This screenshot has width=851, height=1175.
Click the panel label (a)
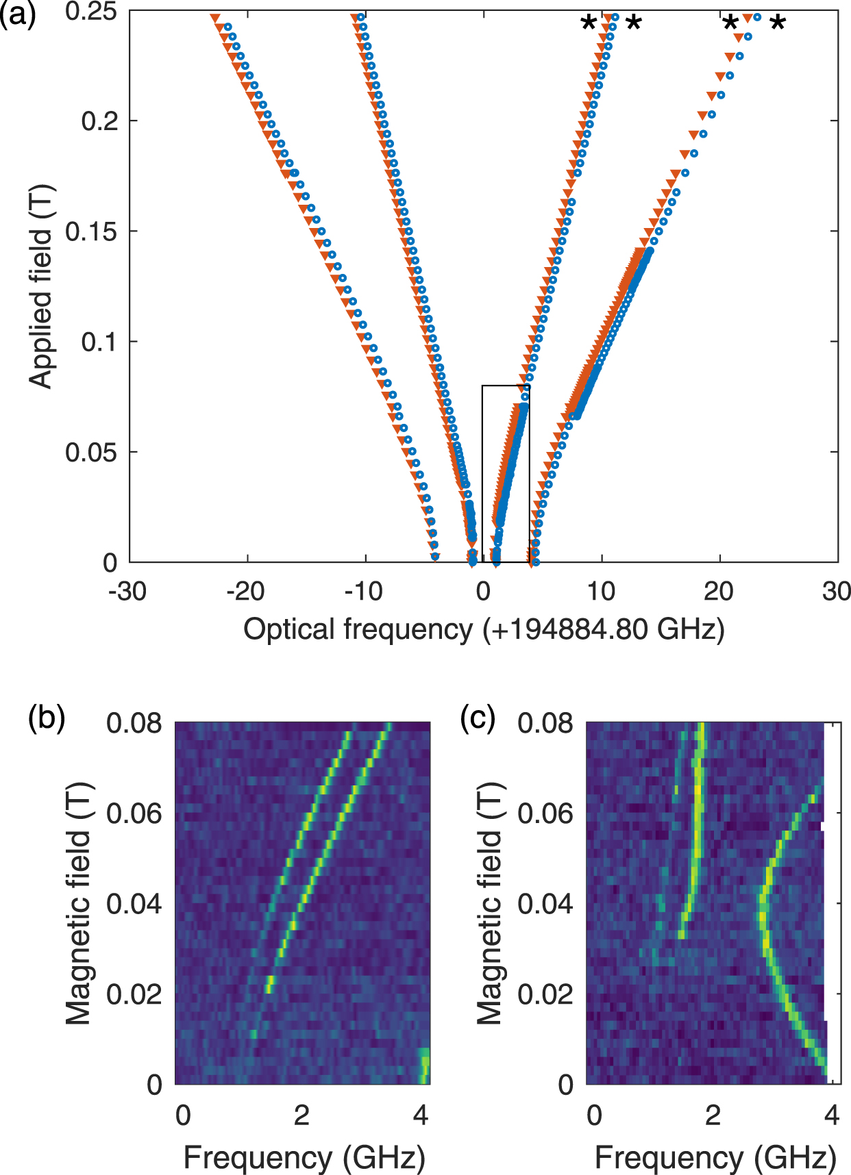point(18,14)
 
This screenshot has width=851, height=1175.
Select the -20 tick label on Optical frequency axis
point(245,591)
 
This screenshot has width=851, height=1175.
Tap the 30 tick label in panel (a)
point(836,591)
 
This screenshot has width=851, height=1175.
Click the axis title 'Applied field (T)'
point(41,286)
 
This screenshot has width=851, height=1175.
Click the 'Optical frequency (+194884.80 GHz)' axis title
point(484,629)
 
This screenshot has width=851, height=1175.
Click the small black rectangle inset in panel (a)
point(506,474)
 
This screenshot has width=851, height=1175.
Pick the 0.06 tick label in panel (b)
point(134,813)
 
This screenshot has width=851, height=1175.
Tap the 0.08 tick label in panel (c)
point(545,723)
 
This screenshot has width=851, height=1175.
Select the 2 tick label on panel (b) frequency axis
point(301,1115)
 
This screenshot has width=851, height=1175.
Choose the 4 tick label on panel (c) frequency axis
point(832,1115)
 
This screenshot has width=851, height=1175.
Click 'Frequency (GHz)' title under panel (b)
point(304,1158)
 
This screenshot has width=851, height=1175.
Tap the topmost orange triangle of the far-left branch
point(214,18)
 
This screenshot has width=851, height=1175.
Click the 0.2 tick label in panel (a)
point(100,121)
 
